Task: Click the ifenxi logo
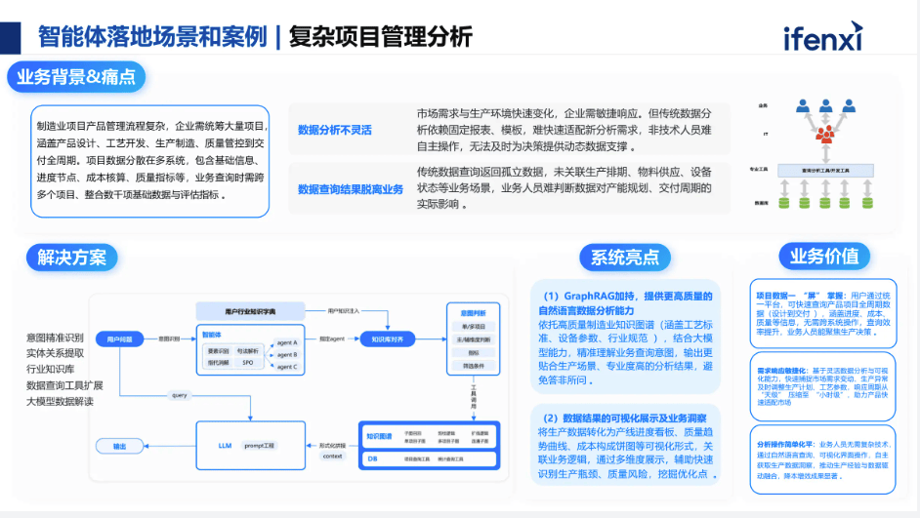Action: [822, 37]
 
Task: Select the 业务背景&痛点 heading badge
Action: [76, 77]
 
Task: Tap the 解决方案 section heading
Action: [72, 257]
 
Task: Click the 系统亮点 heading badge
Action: [625, 258]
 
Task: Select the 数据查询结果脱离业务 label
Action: [350, 188]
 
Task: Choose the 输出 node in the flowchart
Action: [119, 446]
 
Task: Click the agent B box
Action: [287, 354]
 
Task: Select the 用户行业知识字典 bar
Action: [250, 310]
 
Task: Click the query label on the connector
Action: [179, 396]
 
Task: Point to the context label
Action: [332, 456]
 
